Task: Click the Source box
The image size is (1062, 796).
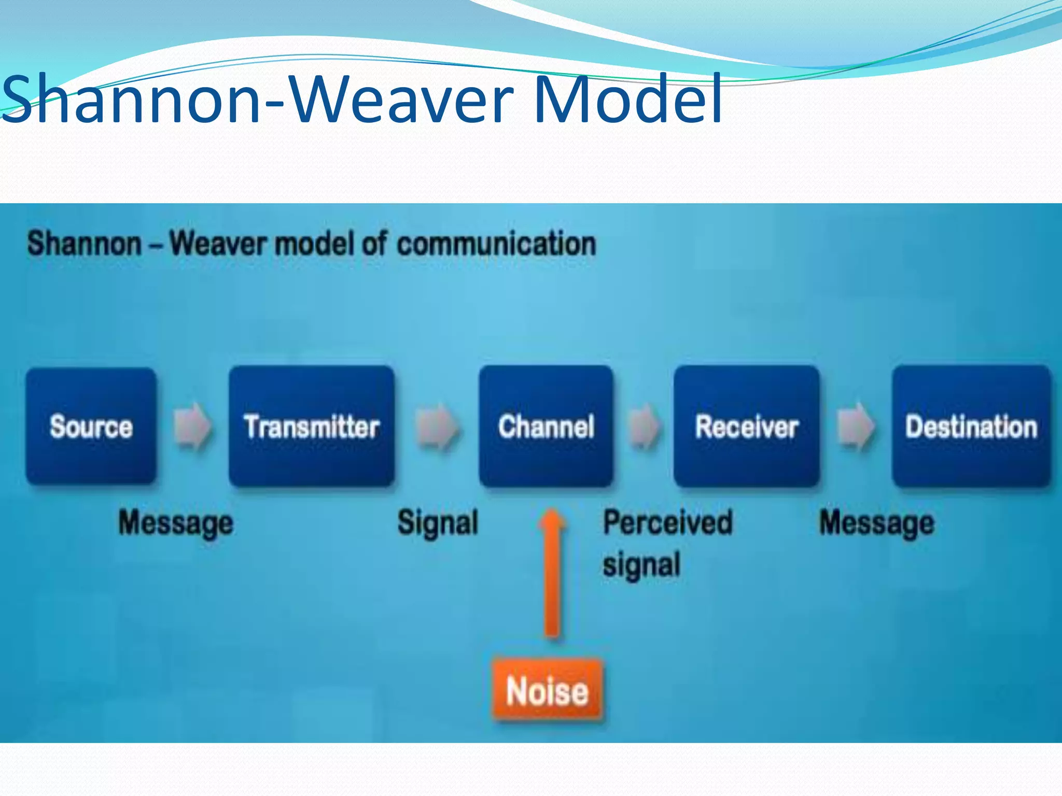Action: coord(91,426)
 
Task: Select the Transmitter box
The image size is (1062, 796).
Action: coord(312,426)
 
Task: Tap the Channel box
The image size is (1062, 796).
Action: coord(546,426)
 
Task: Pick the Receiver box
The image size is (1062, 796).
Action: coord(747,426)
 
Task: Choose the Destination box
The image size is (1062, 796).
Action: coord(971,426)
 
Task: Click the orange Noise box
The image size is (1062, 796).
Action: coord(548,691)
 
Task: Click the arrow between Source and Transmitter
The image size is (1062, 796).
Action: coord(192,426)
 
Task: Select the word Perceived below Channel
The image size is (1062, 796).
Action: coord(668,522)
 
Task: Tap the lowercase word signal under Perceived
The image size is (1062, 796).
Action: coord(641,565)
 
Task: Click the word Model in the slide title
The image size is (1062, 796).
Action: coord(627,99)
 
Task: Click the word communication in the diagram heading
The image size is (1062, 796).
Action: coord(496,244)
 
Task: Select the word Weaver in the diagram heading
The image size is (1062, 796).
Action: coord(218,244)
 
